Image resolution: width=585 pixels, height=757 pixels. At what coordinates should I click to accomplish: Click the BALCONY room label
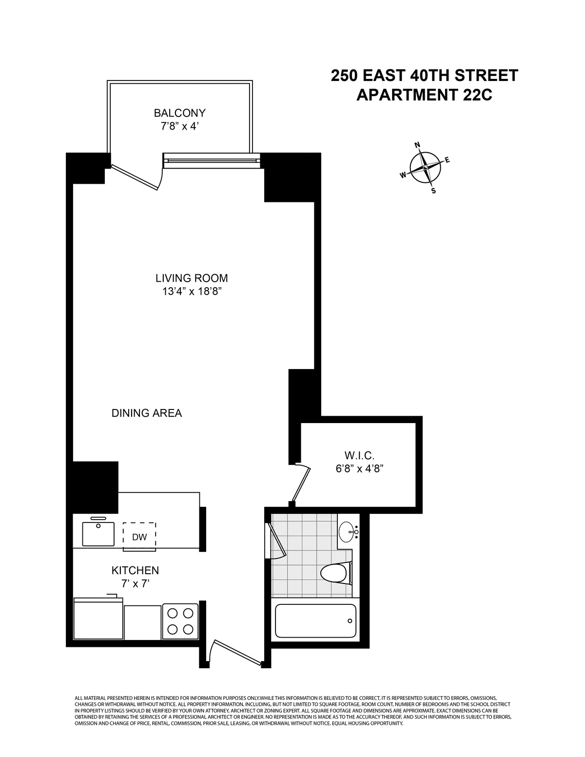[x=179, y=113]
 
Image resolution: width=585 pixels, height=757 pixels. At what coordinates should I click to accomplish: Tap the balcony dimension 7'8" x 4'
[x=179, y=127]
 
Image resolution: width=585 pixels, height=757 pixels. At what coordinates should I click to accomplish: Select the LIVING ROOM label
[x=192, y=278]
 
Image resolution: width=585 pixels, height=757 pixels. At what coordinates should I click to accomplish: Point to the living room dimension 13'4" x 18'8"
[x=192, y=291]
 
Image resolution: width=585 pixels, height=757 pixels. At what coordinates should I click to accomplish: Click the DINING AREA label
[x=147, y=413]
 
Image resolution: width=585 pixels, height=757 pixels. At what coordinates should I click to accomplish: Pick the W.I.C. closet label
[x=359, y=456]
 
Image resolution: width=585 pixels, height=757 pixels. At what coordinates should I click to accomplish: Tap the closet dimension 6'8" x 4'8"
[x=359, y=469]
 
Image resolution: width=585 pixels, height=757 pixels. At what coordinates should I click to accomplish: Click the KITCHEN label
[x=135, y=570]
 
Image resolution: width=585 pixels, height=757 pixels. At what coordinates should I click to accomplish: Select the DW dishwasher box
[x=139, y=537]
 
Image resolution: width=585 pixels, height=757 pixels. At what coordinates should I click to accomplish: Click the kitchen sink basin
[x=98, y=534]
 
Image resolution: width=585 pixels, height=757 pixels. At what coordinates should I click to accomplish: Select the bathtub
[x=315, y=621]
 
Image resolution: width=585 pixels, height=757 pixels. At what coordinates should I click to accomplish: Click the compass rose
[x=425, y=168]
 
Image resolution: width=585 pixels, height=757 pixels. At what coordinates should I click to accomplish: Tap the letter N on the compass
[x=417, y=145]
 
